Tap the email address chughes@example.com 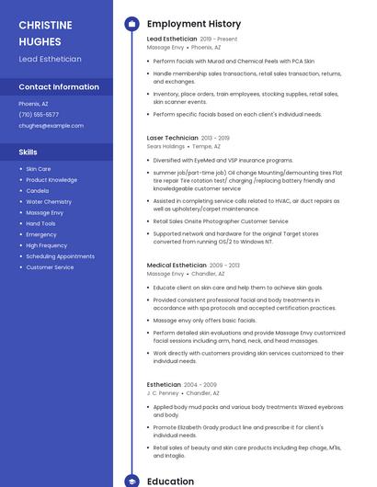51,125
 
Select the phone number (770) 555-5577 39,115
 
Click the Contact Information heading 59,87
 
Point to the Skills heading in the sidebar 29,152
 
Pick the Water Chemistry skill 49,201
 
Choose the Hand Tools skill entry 40,223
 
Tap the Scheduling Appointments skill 60,256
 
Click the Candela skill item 38,190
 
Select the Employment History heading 194,24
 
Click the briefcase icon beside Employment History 131,24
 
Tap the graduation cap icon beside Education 131,481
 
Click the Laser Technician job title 173,137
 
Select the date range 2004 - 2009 200,384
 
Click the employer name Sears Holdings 166,146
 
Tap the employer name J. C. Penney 163,392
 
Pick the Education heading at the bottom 171,481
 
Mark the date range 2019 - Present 219,40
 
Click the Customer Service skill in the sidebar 50,267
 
